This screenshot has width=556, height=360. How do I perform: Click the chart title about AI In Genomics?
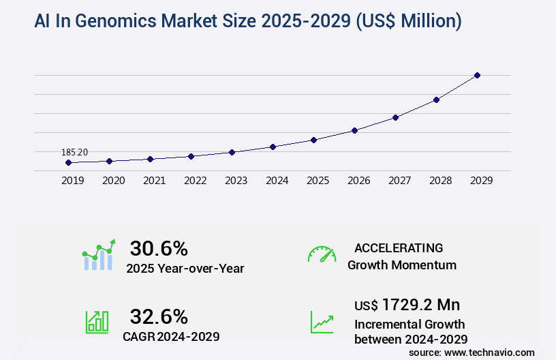(248, 22)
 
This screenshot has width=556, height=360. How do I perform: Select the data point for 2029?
(477, 75)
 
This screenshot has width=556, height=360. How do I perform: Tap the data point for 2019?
(68, 162)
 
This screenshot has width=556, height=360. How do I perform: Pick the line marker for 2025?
(313, 140)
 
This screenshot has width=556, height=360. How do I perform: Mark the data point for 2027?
(395, 117)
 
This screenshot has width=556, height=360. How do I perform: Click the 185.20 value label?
(74, 152)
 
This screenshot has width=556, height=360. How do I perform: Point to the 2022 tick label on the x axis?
(195, 181)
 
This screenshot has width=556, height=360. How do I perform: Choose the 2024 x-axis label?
(277, 181)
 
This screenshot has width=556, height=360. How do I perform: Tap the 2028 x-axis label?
(440, 181)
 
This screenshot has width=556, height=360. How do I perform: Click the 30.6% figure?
(159, 248)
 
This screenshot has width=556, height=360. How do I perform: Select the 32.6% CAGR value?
(159, 316)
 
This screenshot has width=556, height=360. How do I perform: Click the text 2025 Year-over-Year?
(185, 269)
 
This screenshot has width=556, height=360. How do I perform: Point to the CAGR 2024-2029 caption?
(171, 336)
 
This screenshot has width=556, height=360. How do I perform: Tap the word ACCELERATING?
(399, 247)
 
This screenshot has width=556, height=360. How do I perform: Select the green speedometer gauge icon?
(322, 254)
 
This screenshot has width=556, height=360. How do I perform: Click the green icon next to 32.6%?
(97, 322)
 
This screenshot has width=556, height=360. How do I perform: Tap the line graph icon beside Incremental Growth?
(322, 322)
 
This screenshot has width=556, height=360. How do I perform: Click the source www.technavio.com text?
(472, 352)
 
